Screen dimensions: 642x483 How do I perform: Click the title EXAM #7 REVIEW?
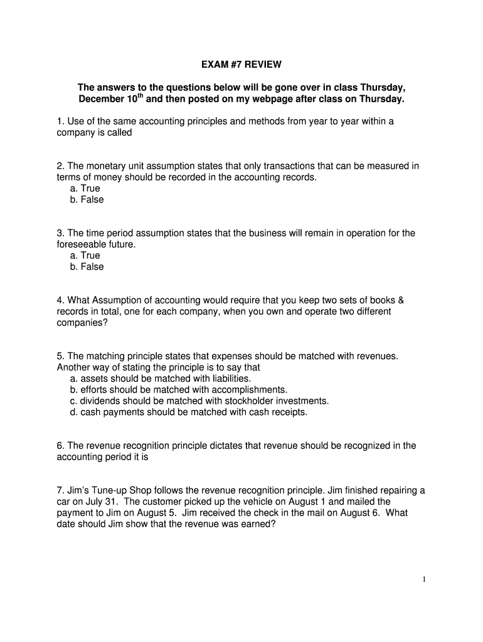(242, 64)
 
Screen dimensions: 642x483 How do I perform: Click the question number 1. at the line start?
(60, 121)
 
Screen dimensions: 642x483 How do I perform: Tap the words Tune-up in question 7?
(102, 490)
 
